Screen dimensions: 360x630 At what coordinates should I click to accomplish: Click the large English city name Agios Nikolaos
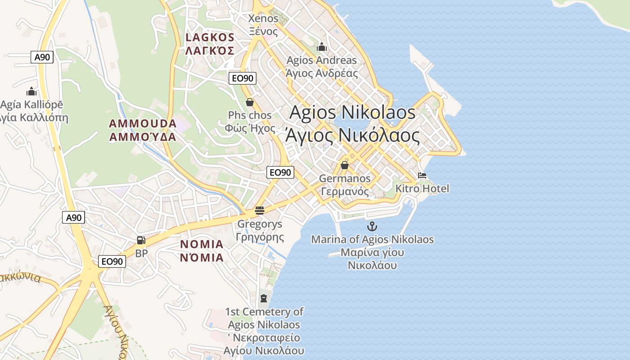click(352, 112)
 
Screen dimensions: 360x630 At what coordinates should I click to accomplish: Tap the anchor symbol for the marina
click(372, 226)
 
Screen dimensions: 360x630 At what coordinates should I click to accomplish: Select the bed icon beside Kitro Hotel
click(422, 175)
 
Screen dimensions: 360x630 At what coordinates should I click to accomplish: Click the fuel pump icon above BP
click(141, 241)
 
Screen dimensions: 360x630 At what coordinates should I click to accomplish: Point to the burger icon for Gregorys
click(259, 210)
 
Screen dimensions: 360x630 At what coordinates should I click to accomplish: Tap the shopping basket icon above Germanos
click(345, 165)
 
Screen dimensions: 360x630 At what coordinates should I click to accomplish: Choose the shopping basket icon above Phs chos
click(250, 102)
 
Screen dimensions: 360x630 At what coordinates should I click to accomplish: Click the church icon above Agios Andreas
click(322, 47)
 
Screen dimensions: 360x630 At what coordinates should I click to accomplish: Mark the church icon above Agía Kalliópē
click(31, 92)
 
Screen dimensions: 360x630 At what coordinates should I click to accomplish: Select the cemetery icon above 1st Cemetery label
click(263, 297)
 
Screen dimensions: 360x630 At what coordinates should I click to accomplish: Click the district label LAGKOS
click(210, 37)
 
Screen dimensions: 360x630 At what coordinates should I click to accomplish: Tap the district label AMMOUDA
click(143, 123)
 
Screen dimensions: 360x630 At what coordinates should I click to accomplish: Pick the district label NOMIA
click(202, 244)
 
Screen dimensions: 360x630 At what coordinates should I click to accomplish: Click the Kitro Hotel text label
click(422, 189)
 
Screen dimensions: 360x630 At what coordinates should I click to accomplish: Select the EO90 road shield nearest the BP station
click(112, 261)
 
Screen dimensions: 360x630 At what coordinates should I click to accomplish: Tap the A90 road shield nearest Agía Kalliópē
click(42, 57)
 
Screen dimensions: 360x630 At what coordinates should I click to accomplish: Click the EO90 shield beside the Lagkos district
click(242, 78)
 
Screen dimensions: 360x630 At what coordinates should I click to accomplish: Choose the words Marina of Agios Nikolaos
click(372, 239)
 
